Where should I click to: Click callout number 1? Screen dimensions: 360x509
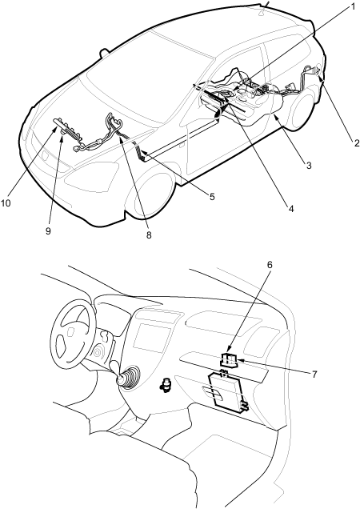(x=354, y=7)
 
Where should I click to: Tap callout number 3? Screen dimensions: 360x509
(x=309, y=165)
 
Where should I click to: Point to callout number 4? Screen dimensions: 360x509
(x=291, y=209)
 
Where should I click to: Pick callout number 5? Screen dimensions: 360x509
(x=212, y=197)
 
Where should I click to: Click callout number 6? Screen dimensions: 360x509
(x=270, y=265)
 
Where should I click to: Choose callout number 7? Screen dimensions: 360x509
(x=314, y=375)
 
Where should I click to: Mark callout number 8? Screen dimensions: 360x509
(x=148, y=235)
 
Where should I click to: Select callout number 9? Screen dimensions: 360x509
(x=48, y=231)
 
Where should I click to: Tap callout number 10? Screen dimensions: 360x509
(x=6, y=203)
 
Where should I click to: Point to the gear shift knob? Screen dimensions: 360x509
(x=120, y=379)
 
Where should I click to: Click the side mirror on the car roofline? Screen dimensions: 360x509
(x=104, y=52)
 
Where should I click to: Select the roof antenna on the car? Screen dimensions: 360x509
(x=265, y=8)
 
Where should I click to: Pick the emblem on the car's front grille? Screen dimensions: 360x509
(x=45, y=155)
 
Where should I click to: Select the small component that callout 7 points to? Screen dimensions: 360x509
(x=229, y=360)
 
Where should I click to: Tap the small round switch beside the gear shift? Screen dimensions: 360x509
(x=166, y=385)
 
